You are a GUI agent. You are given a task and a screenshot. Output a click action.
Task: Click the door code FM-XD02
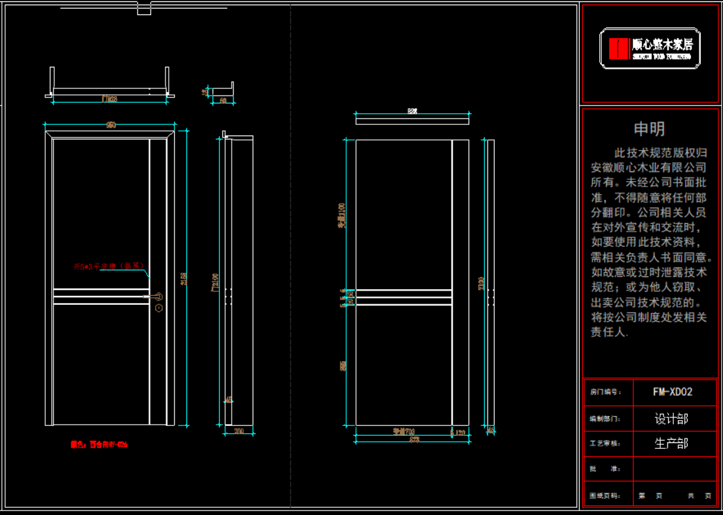click(672, 392)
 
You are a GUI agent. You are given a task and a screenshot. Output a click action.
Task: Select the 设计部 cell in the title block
click(671, 419)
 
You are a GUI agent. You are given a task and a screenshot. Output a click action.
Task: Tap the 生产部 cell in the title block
click(671, 444)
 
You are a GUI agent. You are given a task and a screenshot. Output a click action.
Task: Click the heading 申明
click(649, 129)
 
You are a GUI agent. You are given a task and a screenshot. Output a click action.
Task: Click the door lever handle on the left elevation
click(154, 297)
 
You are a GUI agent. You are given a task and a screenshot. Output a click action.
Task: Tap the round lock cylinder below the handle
click(159, 308)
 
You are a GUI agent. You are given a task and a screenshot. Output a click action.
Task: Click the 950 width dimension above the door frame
click(111, 125)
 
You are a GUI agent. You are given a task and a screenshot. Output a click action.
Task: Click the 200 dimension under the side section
click(239, 431)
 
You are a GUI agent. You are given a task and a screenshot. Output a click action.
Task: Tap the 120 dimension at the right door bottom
click(460, 433)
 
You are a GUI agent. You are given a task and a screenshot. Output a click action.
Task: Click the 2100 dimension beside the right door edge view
click(482, 283)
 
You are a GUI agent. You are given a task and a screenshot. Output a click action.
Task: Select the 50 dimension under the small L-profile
click(223, 101)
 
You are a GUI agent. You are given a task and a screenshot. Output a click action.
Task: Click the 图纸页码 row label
click(605, 496)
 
